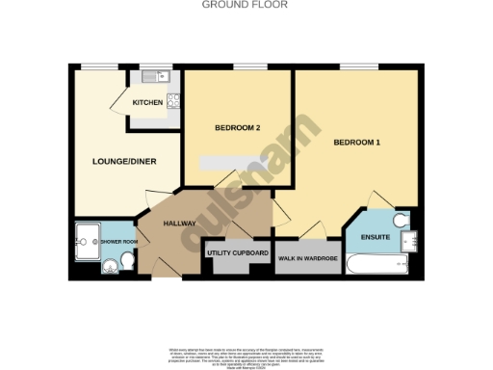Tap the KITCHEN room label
coord(147,102)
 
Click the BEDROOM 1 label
coord(357,144)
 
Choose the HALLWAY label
coord(180,224)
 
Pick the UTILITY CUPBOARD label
coord(238,254)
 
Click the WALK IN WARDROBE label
coord(307,259)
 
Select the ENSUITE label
coord(375,237)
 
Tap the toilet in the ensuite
coord(402,220)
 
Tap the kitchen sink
coord(151,77)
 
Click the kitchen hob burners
coord(174,99)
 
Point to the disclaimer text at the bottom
coord(246,354)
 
